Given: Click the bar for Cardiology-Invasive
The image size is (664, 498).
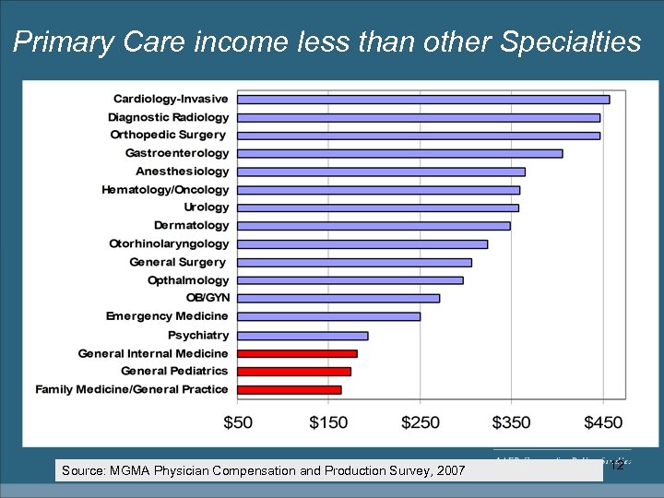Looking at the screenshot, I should [x=422, y=100].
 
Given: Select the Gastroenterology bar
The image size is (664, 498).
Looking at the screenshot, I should [x=399, y=153].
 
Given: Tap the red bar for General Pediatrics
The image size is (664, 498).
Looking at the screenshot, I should [x=293, y=372].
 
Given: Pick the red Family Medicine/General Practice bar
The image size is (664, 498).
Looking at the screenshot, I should [x=289, y=389].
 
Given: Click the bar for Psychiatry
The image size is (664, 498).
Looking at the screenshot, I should [x=302, y=336].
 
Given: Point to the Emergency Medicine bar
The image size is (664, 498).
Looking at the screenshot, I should [x=328, y=316].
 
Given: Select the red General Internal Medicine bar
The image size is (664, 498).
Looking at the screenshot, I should [x=297, y=353].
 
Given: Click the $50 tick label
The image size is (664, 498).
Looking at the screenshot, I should [x=238, y=421].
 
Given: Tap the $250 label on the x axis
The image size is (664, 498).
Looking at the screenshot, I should [x=420, y=421].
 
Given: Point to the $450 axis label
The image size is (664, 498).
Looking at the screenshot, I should [x=602, y=421].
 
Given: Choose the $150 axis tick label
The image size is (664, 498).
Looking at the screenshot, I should [x=328, y=421].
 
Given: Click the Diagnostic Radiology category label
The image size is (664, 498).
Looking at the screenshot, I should [x=168, y=117].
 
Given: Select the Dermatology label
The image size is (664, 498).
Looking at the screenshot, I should [x=191, y=225].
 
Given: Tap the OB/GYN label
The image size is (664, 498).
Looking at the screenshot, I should [x=207, y=298].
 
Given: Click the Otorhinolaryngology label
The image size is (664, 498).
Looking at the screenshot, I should [x=169, y=243].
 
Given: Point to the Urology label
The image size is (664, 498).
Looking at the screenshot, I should [x=206, y=207].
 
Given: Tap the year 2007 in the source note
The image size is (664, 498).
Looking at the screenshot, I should [x=450, y=471].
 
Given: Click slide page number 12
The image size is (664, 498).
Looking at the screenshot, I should [x=618, y=466].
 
